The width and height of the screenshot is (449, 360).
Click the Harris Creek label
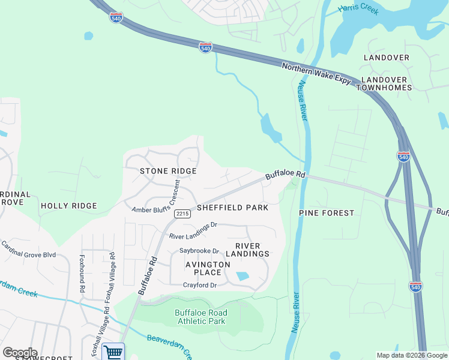click(358, 10)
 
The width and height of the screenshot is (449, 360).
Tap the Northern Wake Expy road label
click(316, 74)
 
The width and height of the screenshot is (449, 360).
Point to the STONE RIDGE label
click(168, 171)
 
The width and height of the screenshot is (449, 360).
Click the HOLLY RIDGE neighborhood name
click(68, 206)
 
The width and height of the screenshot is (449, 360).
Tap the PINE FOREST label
click(327, 213)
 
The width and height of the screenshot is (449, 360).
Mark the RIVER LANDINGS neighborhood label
click(252, 250)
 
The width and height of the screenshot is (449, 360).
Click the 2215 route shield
click(182, 214)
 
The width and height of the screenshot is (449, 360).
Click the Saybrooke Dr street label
click(199, 251)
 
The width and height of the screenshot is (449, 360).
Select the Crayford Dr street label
click(199, 285)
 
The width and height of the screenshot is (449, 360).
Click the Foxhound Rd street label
click(82, 273)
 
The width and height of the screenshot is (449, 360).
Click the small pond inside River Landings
click(243, 277)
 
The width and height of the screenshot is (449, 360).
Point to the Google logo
click(20, 353)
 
